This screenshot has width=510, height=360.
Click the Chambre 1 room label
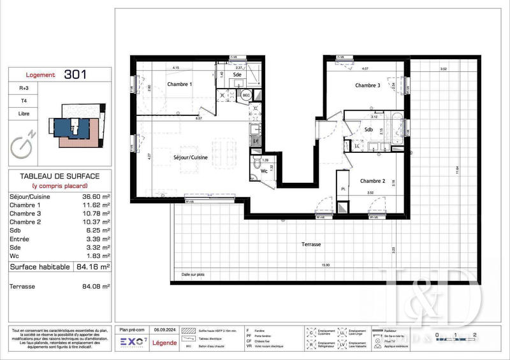(x=179, y=85)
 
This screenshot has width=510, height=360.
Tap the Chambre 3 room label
(x=368, y=85)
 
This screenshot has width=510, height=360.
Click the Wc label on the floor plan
(x=263, y=171)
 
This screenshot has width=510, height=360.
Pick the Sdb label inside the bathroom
(x=368, y=130)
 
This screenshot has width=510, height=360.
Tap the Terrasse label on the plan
(x=311, y=244)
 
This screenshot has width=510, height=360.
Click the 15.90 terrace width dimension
(x=326, y=265)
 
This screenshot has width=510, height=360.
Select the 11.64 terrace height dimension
(x=456, y=169)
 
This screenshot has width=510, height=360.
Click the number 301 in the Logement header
(x=76, y=75)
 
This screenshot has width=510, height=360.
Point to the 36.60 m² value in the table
(x=96, y=198)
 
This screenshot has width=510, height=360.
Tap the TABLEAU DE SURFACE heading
(x=60, y=175)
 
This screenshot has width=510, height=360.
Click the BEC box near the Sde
(x=245, y=96)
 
